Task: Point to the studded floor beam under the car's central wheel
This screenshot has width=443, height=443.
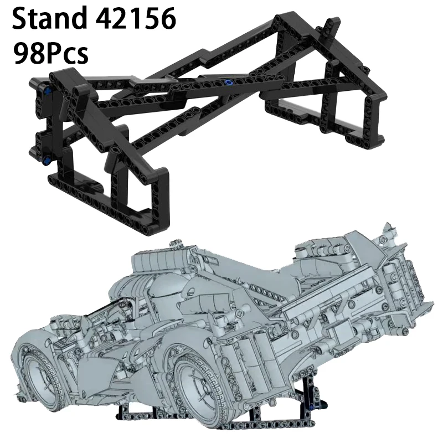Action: [221, 426]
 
